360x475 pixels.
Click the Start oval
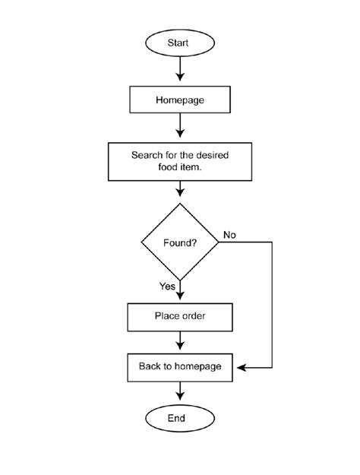[x=180, y=43]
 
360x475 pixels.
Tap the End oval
[x=180, y=418]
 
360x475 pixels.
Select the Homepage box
[x=180, y=100]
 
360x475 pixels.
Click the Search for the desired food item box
[x=180, y=160]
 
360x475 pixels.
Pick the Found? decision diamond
[x=180, y=242]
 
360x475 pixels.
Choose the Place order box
[x=180, y=316]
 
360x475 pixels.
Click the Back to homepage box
[x=180, y=367]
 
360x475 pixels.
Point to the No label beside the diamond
[x=229, y=235]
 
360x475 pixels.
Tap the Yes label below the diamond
[x=167, y=287]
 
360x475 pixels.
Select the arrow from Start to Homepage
[x=180, y=70]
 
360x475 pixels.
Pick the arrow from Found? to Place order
[x=180, y=292]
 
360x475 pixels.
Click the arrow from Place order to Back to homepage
[x=180, y=341]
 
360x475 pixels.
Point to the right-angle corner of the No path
[x=272, y=242]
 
